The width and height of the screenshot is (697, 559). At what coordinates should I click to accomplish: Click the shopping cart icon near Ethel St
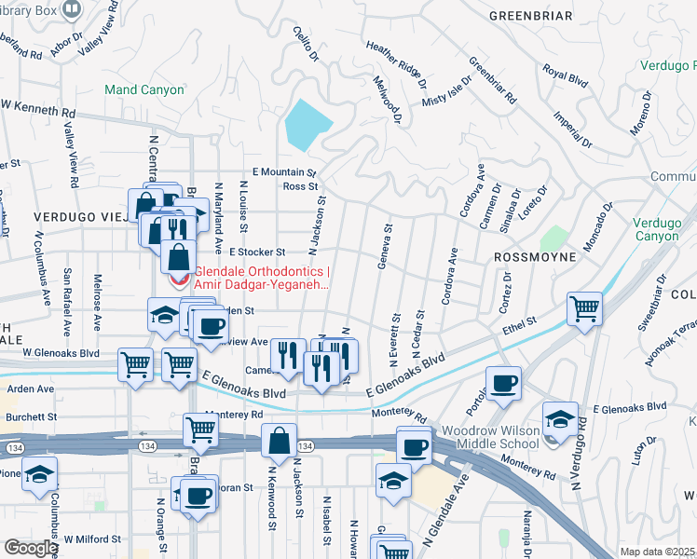click(x=584, y=307)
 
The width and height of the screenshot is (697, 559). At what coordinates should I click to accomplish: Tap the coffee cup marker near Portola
click(x=503, y=382)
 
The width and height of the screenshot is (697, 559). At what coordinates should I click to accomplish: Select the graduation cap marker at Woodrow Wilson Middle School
click(x=560, y=418)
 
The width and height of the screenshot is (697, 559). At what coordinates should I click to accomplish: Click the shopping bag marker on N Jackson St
click(x=279, y=441)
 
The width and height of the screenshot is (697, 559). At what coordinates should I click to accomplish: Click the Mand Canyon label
click(x=138, y=90)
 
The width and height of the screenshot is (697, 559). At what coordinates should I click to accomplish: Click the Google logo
click(x=31, y=548)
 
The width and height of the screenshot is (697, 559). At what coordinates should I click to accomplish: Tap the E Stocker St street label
click(x=255, y=252)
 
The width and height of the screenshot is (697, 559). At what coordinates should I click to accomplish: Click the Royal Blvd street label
click(x=565, y=76)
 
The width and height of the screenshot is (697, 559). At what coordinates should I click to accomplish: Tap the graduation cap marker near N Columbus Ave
click(x=40, y=473)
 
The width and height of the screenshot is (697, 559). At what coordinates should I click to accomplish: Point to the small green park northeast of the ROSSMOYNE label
click(x=553, y=239)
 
